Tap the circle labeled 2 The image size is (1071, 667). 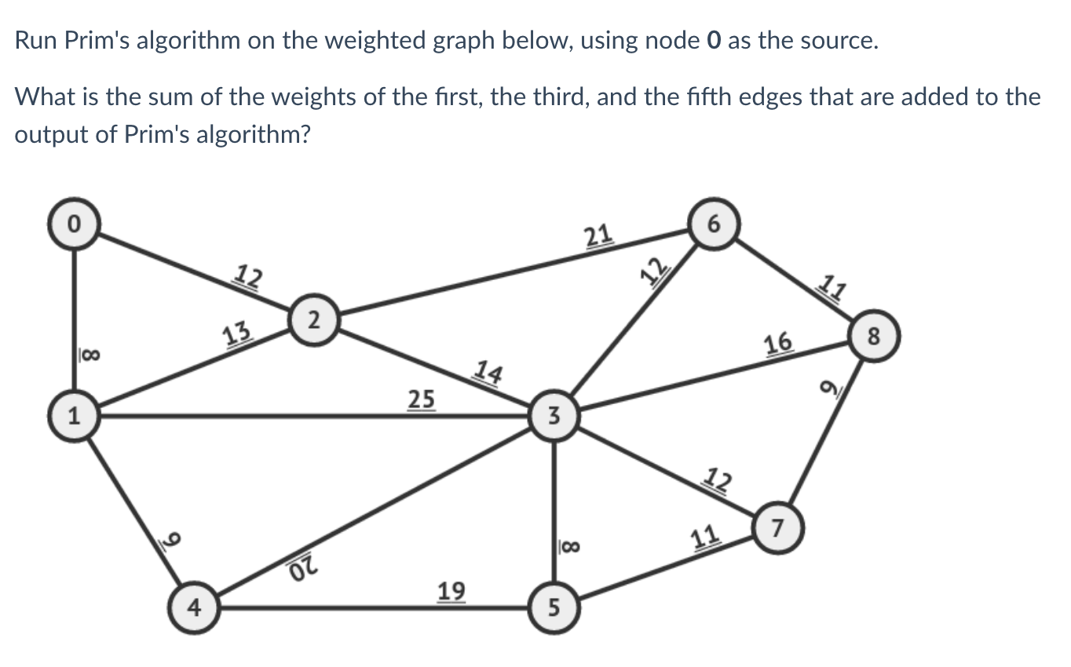click(x=313, y=319)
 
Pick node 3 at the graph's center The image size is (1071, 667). click(x=554, y=417)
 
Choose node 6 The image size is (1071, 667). click(x=712, y=224)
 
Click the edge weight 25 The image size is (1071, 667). click(x=421, y=399)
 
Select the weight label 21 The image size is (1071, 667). click(x=598, y=235)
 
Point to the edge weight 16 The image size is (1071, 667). click(x=777, y=343)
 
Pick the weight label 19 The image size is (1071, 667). click(x=451, y=589)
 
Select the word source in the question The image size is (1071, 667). click(x=832, y=41)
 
